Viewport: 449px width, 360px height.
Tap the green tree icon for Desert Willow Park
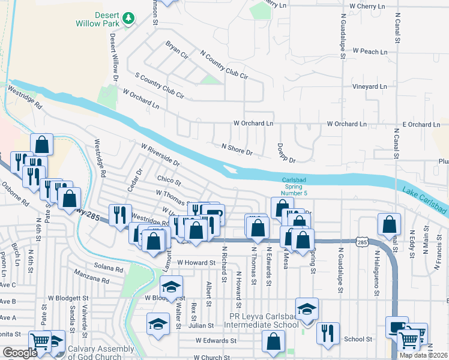pyautogui.click(x=127, y=19)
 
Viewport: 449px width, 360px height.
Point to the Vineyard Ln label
pyautogui.click(x=369, y=86)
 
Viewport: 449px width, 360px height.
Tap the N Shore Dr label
pyautogui.click(x=237, y=149)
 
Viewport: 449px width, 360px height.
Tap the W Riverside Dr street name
pyautogui.click(x=160, y=154)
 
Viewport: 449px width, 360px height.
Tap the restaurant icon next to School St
pyautogui.click(x=328, y=333)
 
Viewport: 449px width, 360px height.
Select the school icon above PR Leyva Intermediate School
pyautogui.click(x=307, y=310)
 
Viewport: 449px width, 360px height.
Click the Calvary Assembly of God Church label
pyautogui.click(x=101, y=353)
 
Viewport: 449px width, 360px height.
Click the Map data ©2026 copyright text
pyautogui.click(x=423, y=355)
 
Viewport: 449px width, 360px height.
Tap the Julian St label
pyautogui.click(x=202, y=325)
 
